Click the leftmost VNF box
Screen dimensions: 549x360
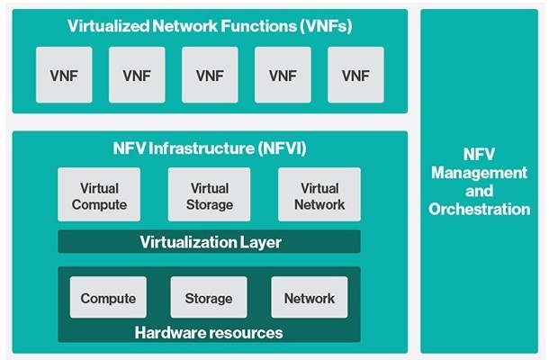pos(64,75)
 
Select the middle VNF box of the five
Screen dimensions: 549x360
pos(210,75)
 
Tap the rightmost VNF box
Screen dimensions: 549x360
pos(355,75)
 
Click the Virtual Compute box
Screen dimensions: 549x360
pos(99,194)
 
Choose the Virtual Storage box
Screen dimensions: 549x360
pos(210,194)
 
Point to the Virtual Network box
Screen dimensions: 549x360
pos(319,194)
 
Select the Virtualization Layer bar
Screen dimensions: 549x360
pos(209,241)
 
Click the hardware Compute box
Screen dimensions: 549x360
pos(108,297)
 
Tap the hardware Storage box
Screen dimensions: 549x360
pos(209,297)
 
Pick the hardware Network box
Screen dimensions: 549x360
pos(310,297)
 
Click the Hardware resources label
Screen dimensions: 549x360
pos(209,333)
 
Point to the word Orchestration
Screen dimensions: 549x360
pos(480,209)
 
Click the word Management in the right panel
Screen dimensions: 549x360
pos(480,173)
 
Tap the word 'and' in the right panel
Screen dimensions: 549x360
pos(480,191)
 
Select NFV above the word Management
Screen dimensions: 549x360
pos(480,154)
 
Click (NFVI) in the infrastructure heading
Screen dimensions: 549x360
pos(283,148)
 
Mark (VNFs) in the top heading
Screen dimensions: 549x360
pos(326,26)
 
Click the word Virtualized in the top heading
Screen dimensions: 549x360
pos(109,26)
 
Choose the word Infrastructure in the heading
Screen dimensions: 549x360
pos(202,148)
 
